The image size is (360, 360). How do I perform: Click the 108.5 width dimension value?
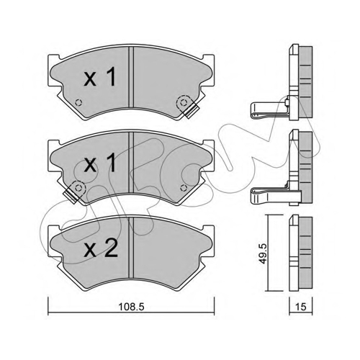point(132,307)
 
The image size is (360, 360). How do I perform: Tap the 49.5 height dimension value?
point(264,253)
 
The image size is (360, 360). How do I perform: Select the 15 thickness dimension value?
point(301,307)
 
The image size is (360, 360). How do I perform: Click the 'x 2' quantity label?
point(101,249)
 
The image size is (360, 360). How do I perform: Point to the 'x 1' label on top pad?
point(100,76)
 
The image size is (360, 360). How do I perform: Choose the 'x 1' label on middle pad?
point(100,163)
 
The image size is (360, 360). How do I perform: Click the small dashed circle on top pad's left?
point(78,103)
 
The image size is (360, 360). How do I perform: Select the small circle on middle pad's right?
point(184,188)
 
